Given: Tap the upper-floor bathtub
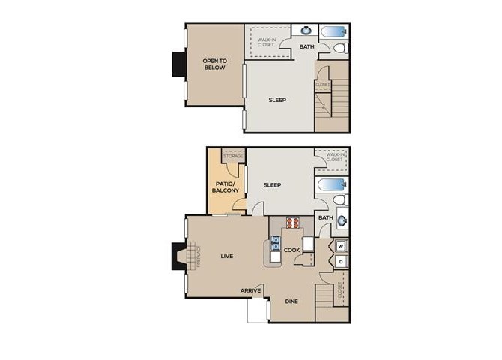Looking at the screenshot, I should tap(333, 32).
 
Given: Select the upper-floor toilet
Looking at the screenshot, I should tap(341, 49).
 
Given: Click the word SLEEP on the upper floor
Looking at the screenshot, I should tap(277, 100).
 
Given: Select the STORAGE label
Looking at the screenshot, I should tap(233, 156).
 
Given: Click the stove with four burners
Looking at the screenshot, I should tap(293, 222).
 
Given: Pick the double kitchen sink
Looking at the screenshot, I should tap(275, 242).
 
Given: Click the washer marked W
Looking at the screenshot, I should tap(340, 245).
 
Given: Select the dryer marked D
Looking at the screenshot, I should tap(340, 261).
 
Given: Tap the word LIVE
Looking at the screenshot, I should tap(226, 256).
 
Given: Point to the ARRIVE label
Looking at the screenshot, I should tap(250, 290).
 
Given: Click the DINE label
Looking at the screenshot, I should tap(292, 301).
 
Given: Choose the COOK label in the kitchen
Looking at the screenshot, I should tap(291, 250).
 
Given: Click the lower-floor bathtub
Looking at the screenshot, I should tap(332, 184).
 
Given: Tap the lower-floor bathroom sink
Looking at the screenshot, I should tap(342, 220).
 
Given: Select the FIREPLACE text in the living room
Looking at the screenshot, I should tap(199, 256).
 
